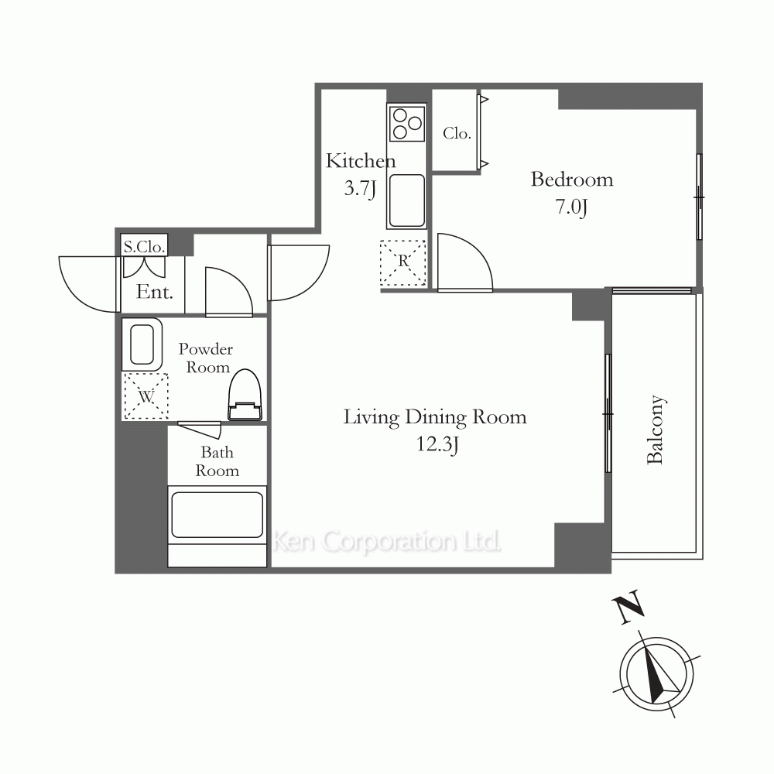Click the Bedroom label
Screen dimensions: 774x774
pos(572,180)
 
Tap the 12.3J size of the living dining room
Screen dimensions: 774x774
pos(437,444)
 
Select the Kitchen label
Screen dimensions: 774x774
pos(361,161)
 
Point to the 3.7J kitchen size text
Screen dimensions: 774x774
pos(361,188)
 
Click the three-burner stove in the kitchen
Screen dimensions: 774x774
pos(407,123)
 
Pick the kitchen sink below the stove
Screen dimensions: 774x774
pos(407,200)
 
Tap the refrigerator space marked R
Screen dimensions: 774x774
pos(402,262)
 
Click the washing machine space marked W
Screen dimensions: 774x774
pos(146,396)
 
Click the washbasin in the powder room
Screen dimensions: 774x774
pos(142,344)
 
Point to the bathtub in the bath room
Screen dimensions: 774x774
pos(217,515)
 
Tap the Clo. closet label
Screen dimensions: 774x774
pos(457,133)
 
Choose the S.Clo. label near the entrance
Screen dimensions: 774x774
pos(144,246)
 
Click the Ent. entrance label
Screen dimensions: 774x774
pos(155,293)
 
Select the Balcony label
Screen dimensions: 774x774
pos(656,430)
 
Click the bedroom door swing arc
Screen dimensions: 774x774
pos(476,248)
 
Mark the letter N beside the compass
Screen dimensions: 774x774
pos(628,607)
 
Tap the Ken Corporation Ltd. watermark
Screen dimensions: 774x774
pos(386,542)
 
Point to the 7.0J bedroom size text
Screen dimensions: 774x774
pos(572,207)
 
